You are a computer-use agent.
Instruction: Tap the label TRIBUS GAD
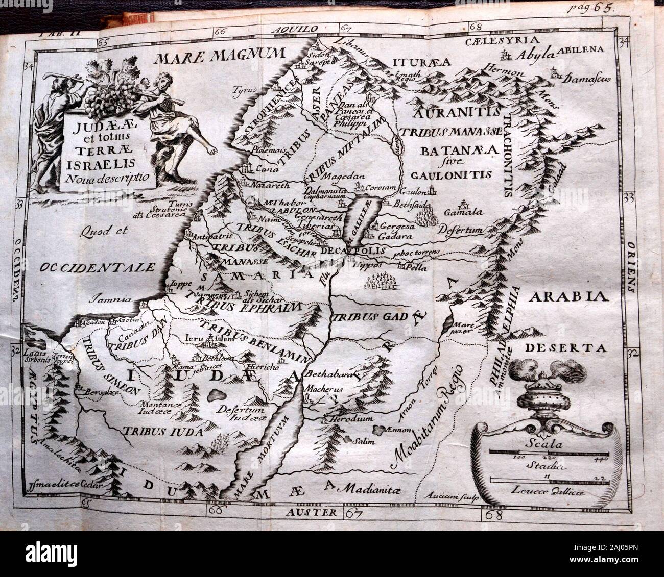[364, 317]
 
